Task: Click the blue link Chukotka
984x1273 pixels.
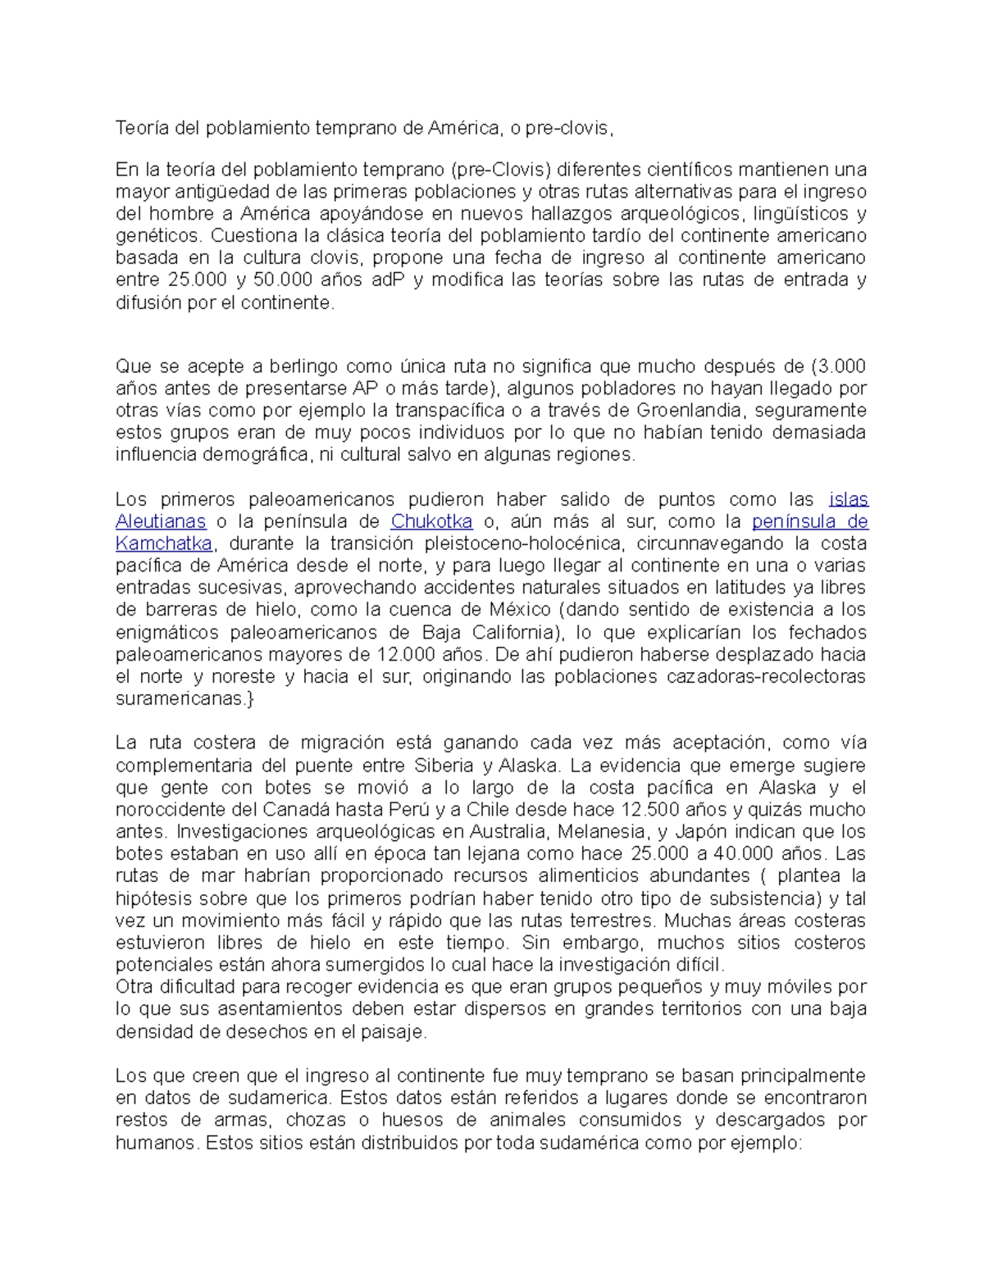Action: [x=431, y=521]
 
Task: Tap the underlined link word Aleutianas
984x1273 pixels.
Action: [x=161, y=521]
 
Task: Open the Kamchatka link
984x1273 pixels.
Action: [x=164, y=543]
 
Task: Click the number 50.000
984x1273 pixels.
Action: [x=283, y=280]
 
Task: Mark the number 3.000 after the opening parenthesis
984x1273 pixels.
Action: [x=841, y=366]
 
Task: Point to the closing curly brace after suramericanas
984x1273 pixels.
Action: [x=249, y=699]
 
